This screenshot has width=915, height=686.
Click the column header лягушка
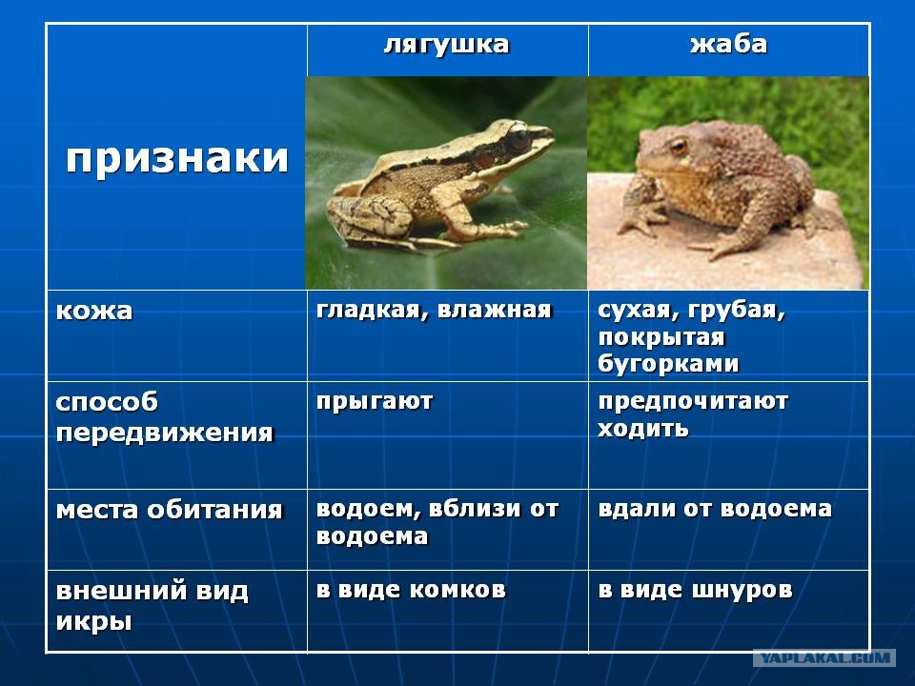(446, 46)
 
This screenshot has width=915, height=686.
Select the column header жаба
(728, 45)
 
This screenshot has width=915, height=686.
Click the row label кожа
(94, 311)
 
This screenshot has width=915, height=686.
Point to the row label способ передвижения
(165, 417)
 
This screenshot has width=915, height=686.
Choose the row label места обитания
(170, 511)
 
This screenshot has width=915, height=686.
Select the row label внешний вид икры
(152, 606)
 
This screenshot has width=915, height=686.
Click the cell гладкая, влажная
(434, 310)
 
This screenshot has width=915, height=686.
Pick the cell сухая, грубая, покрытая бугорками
(692, 336)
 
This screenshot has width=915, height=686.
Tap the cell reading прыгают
(374, 402)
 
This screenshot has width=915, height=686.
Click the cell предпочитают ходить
(693, 414)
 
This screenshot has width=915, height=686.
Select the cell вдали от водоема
(715, 509)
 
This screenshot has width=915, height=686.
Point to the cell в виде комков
(411, 590)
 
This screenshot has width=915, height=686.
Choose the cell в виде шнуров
(695, 590)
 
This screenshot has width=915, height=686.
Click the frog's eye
(518, 137)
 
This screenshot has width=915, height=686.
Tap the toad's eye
(678, 145)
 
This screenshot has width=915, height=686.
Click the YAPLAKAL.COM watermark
(824, 658)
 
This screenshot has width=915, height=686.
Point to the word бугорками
(668, 363)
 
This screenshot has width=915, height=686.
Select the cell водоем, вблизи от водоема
(437, 522)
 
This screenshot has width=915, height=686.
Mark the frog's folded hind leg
(373, 219)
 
